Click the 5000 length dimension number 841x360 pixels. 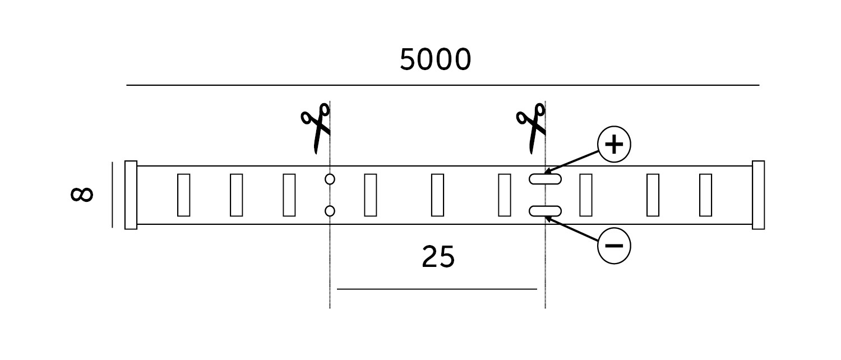click(435, 59)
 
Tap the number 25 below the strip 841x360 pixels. click(438, 257)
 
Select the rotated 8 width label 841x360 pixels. click(82, 194)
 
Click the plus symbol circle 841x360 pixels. click(614, 145)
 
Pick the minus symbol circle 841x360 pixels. click(614, 246)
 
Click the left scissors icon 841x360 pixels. click(316, 128)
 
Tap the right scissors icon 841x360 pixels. click(531, 128)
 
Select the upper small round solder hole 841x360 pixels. click(330, 179)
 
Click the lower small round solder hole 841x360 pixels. click(330, 211)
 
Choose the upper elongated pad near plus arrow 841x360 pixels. click(545, 179)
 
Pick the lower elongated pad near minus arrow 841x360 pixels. click(545, 211)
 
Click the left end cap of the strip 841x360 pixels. click(131, 195)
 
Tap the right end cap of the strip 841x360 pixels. click(758, 195)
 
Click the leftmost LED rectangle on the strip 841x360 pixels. click(183, 195)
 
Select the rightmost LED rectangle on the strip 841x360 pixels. click(706, 195)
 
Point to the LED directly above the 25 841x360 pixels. click(437, 195)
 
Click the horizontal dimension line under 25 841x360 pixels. click(437, 289)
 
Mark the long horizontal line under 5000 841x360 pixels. click(443, 85)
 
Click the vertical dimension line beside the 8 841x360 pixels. click(112, 195)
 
